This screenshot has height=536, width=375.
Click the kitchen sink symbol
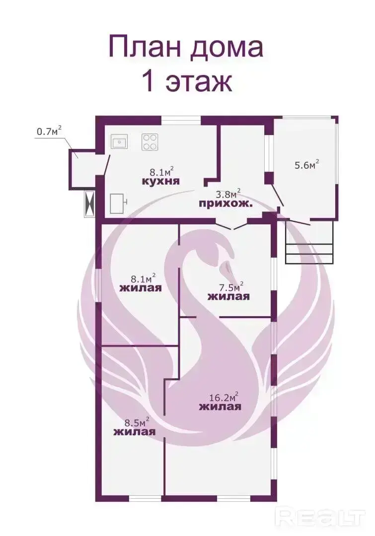[x=119, y=141]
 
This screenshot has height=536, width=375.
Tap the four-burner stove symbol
[x=150, y=142]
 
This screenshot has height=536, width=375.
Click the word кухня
[x=160, y=181]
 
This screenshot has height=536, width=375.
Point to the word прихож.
[x=226, y=204]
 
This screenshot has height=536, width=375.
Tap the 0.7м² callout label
[x=49, y=131]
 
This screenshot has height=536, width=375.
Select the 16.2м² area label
[x=224, y=397]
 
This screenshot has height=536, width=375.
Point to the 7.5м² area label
[x=231, y=286]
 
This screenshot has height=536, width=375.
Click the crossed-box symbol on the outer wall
[x=89, y=203]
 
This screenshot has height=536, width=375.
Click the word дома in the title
[x=226, y=48]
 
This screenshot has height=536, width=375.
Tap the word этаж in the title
[x=199, y=82]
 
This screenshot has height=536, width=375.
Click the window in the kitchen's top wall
[x=181, y=120]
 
